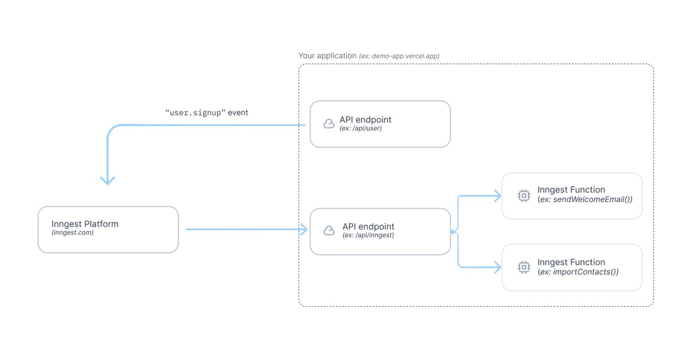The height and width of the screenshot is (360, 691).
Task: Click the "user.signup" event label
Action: [x=207, y=113]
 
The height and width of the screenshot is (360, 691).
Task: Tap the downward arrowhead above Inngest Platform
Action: [x=107, y=180]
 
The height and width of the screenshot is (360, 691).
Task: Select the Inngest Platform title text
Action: [x=84, y=224]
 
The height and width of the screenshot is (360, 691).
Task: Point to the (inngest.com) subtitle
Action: [x=72, y=233]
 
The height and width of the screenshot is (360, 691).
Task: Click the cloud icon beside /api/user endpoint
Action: [x=329, y=123]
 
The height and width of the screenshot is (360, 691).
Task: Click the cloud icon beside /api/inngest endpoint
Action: [x=329, y=230]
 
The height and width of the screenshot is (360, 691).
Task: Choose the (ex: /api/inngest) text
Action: [x=368, y=235]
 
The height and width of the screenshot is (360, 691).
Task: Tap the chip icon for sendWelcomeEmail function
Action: [x=523, y=195]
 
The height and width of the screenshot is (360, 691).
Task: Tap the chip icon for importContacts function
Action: [x=523, y=267]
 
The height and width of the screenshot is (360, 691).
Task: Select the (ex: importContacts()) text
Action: [x=578, y=272]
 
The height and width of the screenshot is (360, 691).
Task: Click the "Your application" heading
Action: [x=327, y=56]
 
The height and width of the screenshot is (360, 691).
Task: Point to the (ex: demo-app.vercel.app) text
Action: [x=399, y=56]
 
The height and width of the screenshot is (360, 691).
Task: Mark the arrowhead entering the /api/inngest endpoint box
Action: [x=304, y=230]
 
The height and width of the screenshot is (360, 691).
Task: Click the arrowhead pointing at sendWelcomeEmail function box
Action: [x=497, y=196]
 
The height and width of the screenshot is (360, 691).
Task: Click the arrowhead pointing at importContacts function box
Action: [x=497, y=269]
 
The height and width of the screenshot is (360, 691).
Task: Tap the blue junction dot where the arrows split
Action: [x=452, y=231]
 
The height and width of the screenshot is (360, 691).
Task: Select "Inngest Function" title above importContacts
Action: [x=571, y=262]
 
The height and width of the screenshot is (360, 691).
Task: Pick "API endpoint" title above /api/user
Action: [x=365, y=120]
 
